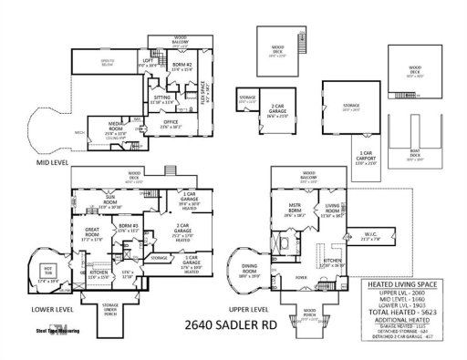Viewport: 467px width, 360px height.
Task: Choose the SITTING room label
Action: (x=161, y=100)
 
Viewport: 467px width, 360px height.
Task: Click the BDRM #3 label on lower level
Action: (x=128, y=231)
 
